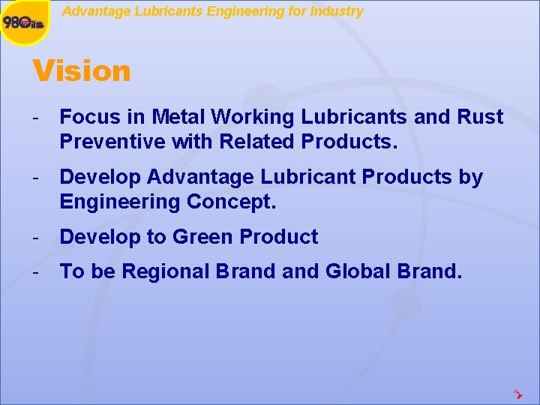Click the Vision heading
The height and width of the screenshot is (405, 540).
pyautogui.click(x=82, y=71)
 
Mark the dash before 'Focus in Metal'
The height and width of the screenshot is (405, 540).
pyautogui.click(x=35, y=117)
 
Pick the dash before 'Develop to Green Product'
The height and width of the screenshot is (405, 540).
pyautogui.click(x=35, y=237)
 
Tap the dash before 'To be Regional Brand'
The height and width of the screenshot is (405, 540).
pyautogui.click(x=35, y=271)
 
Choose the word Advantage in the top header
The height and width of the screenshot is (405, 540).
pyautogui.click(x=91, y=11)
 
